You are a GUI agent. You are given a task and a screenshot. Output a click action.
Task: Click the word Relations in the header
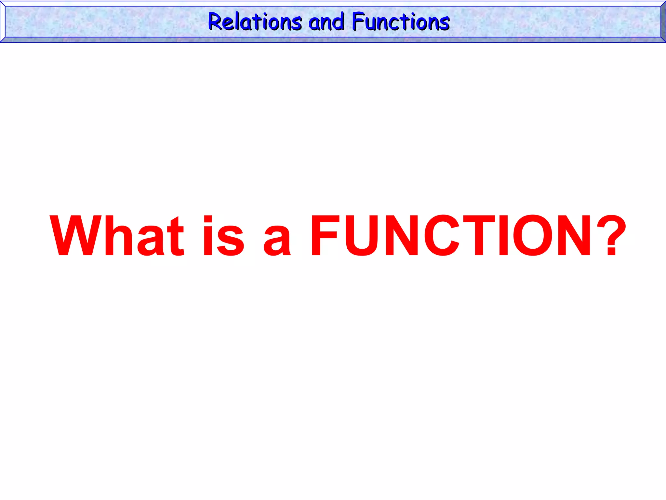[255, 22]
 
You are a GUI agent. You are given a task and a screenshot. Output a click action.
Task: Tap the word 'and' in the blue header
[326, 22]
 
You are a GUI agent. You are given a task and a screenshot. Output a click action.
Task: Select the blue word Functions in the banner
[401, 22]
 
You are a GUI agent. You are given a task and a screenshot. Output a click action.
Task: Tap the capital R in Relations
[215, 22]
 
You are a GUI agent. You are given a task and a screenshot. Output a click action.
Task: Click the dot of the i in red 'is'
[208, 219]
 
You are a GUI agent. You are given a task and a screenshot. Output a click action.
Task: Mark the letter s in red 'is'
[231, 241]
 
